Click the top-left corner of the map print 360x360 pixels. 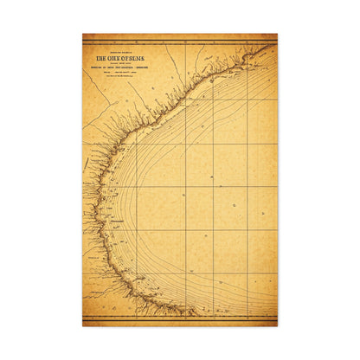[x=83, y=35]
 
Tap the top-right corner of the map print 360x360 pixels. [x=277, y=35]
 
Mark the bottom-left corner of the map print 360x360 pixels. [x=83, y=325]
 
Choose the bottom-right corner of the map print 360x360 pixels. [x=277, y=325]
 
